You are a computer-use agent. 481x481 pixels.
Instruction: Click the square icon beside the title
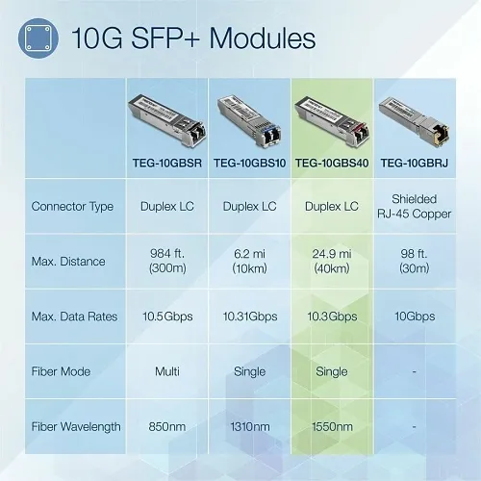[x=39, y=39]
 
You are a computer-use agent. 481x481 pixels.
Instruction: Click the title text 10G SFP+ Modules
[x=192, y=39]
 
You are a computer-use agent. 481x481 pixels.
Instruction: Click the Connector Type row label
[x=72, y=206]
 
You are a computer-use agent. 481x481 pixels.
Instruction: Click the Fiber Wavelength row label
[x=76, y=424]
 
